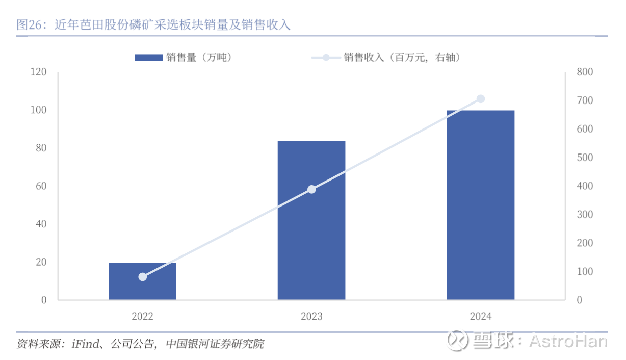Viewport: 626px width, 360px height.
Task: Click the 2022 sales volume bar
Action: point(142,281)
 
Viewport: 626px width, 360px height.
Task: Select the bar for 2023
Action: point(311,220)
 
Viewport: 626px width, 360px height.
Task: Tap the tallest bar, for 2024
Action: point(480,205)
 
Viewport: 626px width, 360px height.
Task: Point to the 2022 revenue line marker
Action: point(143,277)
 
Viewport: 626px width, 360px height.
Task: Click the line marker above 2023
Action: point(311,190)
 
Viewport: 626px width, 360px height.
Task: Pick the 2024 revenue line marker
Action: point(480,99)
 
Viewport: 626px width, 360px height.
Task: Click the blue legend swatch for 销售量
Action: point(148,58)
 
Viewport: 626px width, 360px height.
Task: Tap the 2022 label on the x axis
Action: point(142,317)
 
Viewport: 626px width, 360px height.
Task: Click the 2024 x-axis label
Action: point(480,317)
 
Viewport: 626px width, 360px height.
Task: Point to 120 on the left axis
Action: point(38,72)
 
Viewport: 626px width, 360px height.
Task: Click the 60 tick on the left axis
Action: point(41,186)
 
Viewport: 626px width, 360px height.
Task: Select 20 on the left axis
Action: point(41,262)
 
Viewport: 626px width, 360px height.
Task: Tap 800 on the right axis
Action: point(585,72)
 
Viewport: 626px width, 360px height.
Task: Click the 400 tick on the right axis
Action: point(585,186)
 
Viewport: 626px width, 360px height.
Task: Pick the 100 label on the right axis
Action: point(585,272)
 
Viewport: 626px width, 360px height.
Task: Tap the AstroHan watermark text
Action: point(568,340)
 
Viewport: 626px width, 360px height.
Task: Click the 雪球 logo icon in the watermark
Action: point(457,340)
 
